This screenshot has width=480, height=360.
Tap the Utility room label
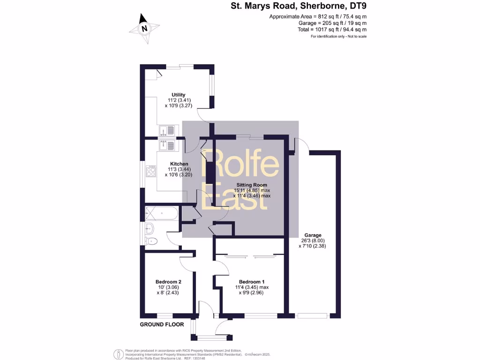point(178,95)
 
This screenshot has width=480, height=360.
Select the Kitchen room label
point(179,164)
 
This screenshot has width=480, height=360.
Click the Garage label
point(313,235)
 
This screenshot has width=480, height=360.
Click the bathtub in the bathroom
point(162,214)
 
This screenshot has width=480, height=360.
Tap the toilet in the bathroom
point(152,241)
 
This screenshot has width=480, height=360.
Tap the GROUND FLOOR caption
point(162,324)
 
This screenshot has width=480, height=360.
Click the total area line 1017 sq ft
point(332,29)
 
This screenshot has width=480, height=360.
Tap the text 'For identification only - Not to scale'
point(338,36)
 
